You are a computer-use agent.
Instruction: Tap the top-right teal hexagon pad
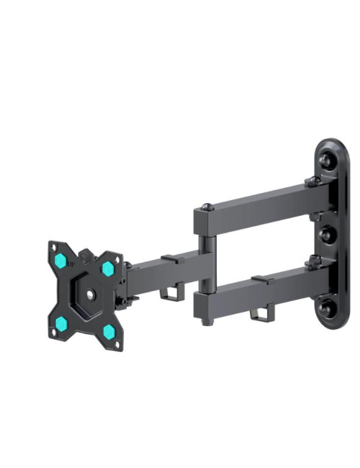(x=107, y=269)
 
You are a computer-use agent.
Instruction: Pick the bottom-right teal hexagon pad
(x=109, y=330)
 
